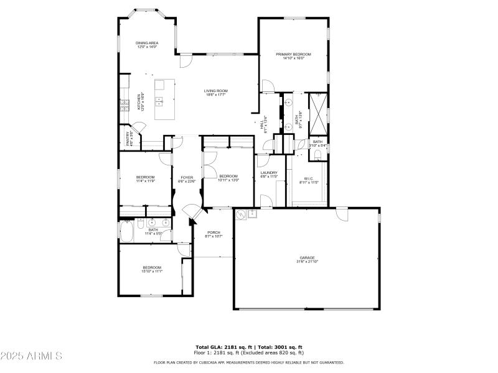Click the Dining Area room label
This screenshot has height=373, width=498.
147,43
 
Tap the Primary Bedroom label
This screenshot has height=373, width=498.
293,54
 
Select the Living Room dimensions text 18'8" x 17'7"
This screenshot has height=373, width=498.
215,95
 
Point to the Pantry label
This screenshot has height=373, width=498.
129,138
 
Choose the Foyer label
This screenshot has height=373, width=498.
187,178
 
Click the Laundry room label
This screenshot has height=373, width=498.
268,173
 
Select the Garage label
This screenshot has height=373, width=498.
306,257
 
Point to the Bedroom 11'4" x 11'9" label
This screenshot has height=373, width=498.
145,178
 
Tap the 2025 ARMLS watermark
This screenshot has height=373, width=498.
32,356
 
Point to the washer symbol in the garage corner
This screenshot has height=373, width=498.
240,215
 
